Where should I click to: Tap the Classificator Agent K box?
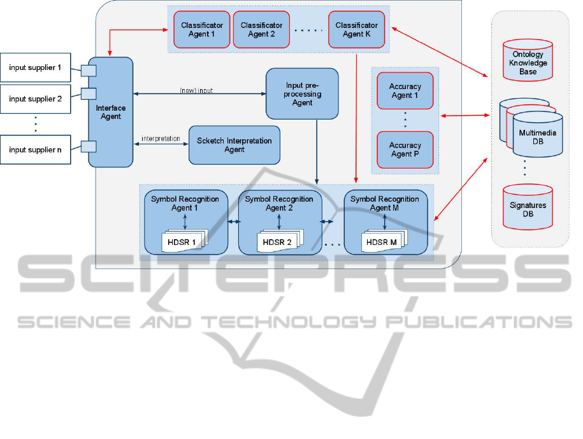click(357, 29)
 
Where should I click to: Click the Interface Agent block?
click(110, 112)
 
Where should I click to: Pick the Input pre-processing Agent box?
click(302, 94)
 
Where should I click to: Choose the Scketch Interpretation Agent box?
click(234, 145)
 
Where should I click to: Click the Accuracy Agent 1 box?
click(405, 91)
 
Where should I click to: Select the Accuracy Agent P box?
click(405, 150)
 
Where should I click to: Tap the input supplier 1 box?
click(35, 67)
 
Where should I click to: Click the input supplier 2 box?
click(35, 99)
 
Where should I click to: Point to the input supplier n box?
click(35, 150)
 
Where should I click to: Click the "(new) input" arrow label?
click(196, 90)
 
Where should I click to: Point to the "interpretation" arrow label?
click(160, 139)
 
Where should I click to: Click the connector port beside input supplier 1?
click(87, 69)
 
